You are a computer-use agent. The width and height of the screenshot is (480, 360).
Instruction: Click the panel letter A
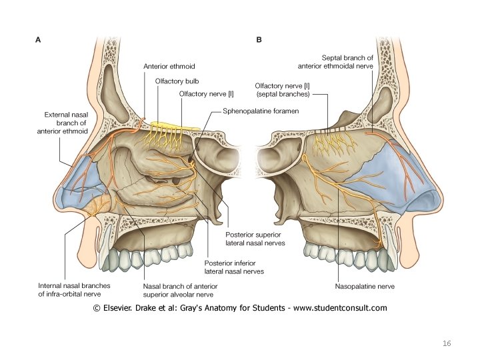(x=38, y=40)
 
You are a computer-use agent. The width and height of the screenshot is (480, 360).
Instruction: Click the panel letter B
(x=259, y=40)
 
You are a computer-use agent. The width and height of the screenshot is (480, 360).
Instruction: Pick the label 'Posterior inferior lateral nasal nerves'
(x=234, y=267)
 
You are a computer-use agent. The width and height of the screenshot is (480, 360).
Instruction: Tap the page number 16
(x=447, y=343)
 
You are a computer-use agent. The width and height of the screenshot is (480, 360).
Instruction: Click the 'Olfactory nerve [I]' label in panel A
(x=202, y=95)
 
